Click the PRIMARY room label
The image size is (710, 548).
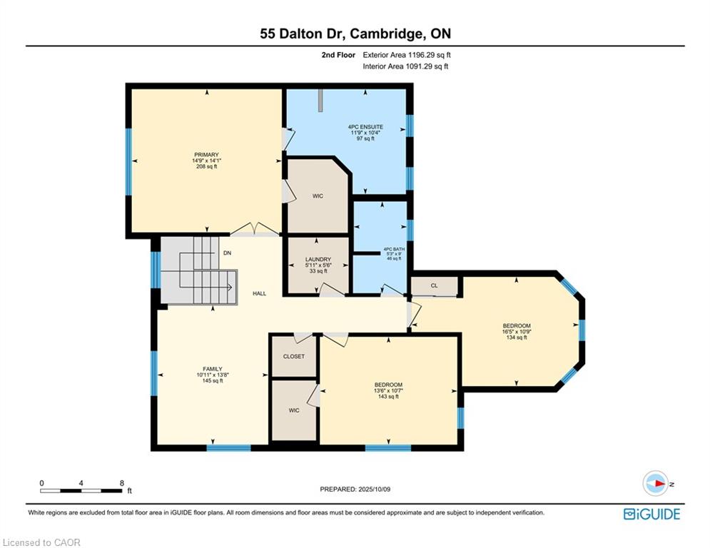click(206, 155)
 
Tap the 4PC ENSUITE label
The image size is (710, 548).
click(365, 127)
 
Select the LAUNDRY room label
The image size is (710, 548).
click(318, 260)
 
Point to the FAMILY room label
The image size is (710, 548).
click(213, 369)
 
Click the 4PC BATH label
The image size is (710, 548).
click(394, 249)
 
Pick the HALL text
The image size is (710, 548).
click(260, 293)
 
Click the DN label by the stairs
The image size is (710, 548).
click(228, 253)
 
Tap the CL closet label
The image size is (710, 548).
click(435, 286)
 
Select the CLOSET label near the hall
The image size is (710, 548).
click(294, 357)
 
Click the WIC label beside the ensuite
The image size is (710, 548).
click(318, 196)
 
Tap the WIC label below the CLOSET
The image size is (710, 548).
click(294, 410)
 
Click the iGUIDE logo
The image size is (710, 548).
click(651, 514)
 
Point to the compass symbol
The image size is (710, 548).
click(656, 483)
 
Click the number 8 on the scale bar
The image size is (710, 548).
click(122, 483)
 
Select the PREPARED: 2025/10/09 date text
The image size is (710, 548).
click(355, 489)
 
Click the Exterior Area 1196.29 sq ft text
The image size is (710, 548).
click(407, 55)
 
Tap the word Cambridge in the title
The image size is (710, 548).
click(387, 34)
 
